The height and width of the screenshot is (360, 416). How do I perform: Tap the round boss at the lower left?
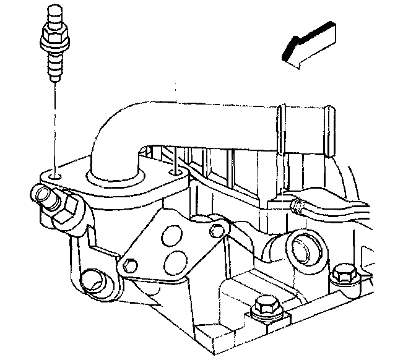coord(90,280)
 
